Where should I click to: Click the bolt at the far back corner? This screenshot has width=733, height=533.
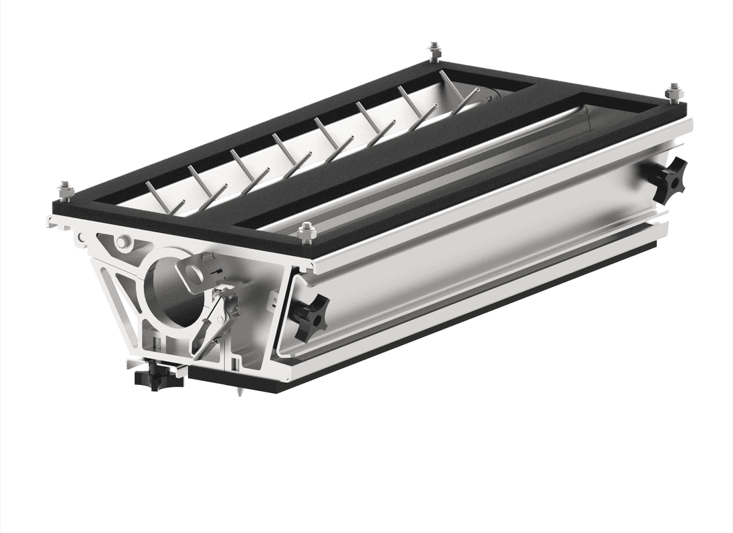pos(434,52)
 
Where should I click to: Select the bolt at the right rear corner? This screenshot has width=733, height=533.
pos(674,93)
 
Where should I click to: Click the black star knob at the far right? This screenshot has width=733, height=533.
pos(667,178)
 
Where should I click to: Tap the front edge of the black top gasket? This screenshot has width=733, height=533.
pos(183,227)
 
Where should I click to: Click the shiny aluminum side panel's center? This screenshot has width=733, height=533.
pos(475,258)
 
